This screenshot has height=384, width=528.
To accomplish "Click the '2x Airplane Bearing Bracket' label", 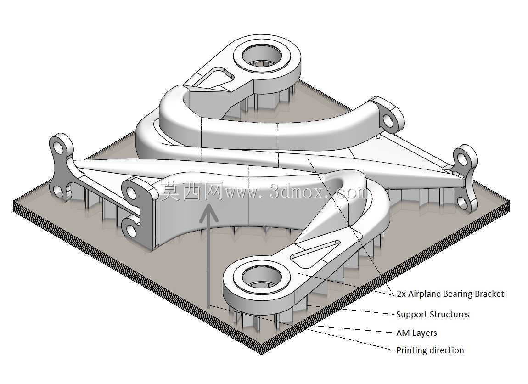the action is (x=450, y=294).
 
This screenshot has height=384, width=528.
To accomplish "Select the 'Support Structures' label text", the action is (x=433, y=314).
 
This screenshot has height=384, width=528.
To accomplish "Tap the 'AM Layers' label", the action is (x=416, y=333).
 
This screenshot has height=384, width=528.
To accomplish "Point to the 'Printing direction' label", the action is (x=430, y=350).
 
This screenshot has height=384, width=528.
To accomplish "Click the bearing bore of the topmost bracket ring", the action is (x=262, y=55).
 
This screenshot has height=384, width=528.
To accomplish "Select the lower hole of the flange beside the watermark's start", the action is (x=131, y=230).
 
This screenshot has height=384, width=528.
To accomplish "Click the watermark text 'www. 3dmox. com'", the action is (x=297, y=192).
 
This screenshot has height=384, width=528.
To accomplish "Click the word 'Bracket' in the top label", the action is (x=489, y=294).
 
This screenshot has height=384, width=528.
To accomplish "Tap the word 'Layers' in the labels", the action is (x=424, y=333).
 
